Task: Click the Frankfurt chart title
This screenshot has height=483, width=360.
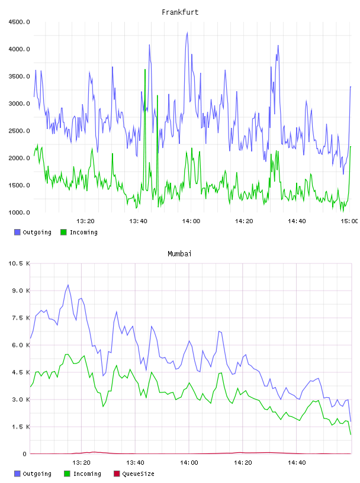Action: click(180, 12)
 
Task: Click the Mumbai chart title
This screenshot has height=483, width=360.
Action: click(179, 254)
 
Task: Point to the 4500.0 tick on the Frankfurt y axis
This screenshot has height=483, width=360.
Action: click(20, 22)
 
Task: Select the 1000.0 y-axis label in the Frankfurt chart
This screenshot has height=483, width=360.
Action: click(20, 212)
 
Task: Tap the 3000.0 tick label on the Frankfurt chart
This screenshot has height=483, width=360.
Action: click(20, 104)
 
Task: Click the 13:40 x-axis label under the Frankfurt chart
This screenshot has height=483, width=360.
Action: click(138, 221)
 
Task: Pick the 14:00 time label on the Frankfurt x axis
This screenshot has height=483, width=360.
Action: click(191, 221)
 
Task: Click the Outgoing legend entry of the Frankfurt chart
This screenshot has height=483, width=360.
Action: click(33, 232)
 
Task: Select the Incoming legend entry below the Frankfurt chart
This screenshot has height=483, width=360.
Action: click(79, 232)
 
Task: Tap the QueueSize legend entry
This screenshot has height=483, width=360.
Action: click(134, 474)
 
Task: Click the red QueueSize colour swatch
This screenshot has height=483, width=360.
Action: click(117, 474)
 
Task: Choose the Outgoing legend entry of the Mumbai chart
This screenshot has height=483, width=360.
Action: click(33, 474)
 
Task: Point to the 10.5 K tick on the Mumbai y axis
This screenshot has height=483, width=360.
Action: click(19, 263)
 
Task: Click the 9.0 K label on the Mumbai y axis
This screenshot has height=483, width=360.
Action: click(21, 291)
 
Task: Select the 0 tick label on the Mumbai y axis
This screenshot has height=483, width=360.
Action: click(25, 454)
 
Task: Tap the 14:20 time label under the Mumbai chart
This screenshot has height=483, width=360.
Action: click(243, 463)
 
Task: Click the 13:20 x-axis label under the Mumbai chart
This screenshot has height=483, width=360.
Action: click(81, 463)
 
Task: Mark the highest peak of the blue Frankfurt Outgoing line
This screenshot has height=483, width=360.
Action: click(187, 33)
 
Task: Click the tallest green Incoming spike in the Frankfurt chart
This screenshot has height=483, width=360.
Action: click(145, 70)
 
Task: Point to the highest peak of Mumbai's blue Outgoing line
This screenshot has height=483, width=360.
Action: click(68, 285)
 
